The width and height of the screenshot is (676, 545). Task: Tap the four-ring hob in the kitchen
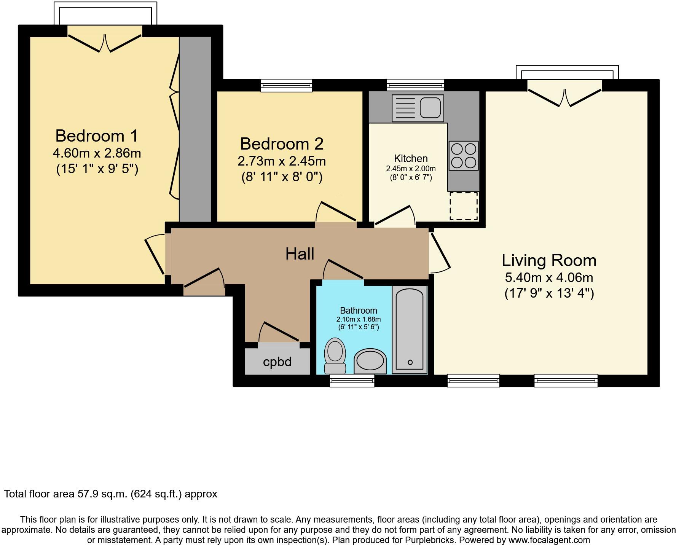463,156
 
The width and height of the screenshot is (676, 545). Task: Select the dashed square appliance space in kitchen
464,206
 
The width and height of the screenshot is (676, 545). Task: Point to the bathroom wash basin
370,360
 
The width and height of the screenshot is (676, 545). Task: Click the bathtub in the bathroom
410,329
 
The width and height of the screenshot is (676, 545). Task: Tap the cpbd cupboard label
277,362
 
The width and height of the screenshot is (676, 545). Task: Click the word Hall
300,254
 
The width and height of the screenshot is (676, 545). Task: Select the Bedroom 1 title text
97,136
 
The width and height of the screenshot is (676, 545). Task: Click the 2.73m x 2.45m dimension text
282,161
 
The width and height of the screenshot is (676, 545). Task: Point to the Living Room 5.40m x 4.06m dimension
549,277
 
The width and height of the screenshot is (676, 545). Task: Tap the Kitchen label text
411,158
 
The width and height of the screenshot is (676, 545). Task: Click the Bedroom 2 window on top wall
286,85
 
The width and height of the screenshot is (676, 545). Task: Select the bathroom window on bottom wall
352,380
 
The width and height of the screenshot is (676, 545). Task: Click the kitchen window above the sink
415,85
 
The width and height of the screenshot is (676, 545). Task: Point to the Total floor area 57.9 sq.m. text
110,494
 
